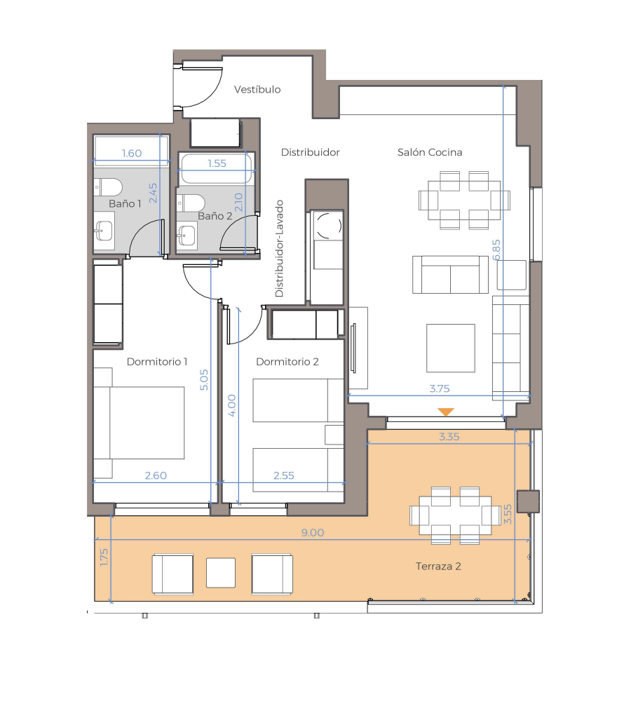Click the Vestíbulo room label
(x=257, y=89)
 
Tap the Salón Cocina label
(x=429, y=152)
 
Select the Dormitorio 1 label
(x=157, y=362)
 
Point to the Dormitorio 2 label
(x=287, y=362)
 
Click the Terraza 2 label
(x=438, y=567)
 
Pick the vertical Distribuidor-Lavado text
(x=279, y=249)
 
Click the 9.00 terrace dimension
(x=313, y=533)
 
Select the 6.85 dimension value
(x=496, y=250)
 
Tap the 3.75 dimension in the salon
(x=440, y=388)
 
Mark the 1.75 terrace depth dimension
(x=104, y=557)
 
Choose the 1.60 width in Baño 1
(x=132, y=154)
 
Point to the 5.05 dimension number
(x=204, y=379)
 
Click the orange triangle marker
(x=445, y=411)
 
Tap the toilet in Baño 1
(x=109, y=187)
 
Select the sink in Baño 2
(x=186, y=236)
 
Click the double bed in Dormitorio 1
(x=140, y=423)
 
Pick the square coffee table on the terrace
(x=221, y=572)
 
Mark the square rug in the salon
(x=451, y=348)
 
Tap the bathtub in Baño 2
(x=216, y=168)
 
